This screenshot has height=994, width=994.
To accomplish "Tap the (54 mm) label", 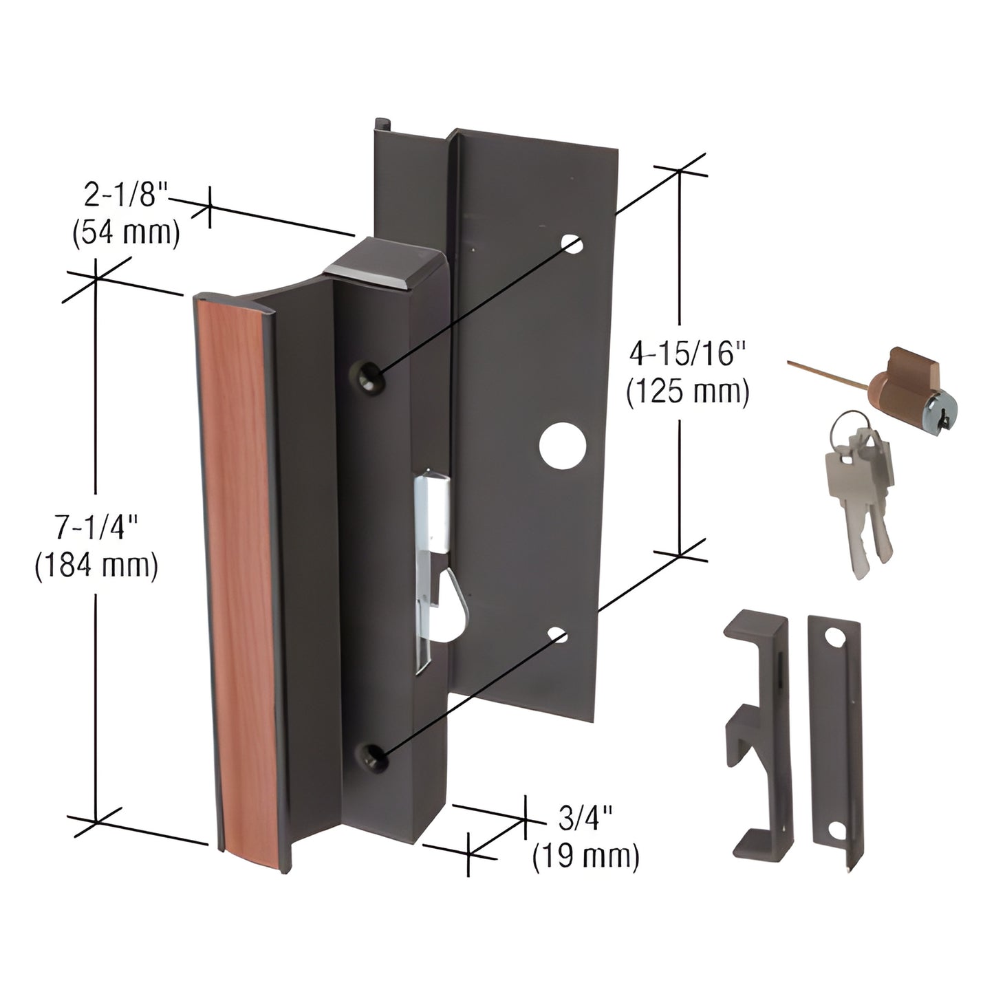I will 126,234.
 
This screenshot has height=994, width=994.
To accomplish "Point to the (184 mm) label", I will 96,566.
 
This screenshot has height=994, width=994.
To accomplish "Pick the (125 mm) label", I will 687,393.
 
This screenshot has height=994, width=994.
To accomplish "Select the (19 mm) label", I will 585,856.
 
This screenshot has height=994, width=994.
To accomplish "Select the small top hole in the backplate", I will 572,244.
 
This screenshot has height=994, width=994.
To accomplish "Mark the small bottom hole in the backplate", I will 559,634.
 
